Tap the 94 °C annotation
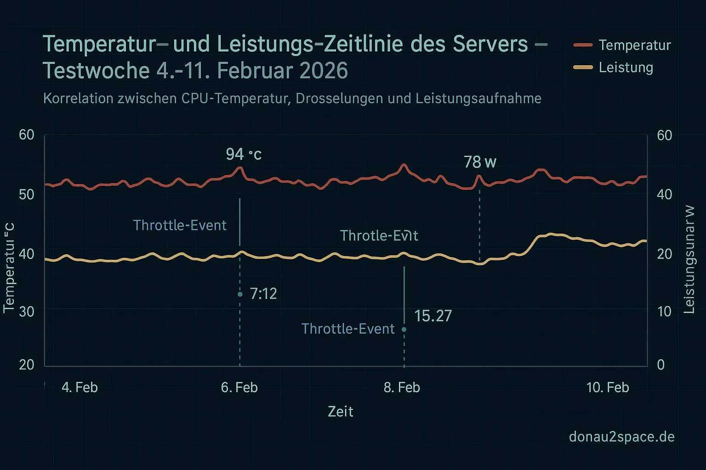244,154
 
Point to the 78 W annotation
480,162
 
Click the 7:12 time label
263,294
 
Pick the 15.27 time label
433,316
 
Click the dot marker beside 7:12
240,294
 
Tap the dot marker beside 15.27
404,329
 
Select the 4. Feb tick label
80,387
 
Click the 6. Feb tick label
239,387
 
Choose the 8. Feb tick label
402,387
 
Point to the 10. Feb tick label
607,387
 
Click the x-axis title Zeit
340,412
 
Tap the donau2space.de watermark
621,436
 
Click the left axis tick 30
27,312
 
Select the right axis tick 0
660,364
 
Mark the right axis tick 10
664,312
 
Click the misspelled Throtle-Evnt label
379,236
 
